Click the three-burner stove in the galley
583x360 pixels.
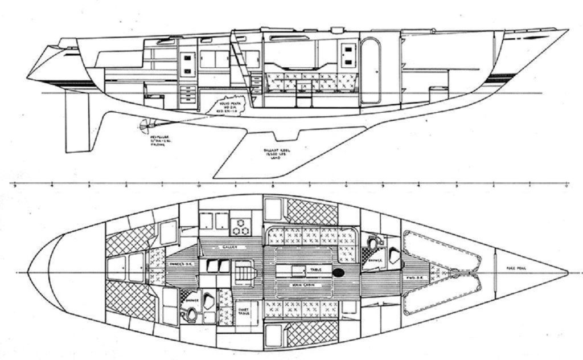tap(243, 226)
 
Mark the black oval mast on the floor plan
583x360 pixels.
tap(339, 273)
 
